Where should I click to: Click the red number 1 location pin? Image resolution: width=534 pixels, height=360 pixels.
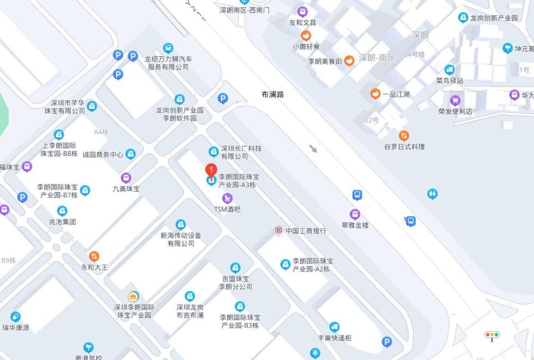[211, 170]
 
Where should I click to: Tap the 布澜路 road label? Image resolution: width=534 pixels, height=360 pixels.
[272, 94]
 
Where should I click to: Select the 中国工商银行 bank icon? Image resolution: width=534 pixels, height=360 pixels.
[278, 230]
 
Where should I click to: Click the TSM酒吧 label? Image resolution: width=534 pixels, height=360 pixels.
[227, 209]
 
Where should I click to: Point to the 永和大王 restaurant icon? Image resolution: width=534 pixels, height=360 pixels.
[94, 256]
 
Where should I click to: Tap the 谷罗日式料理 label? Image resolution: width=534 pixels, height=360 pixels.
[404, 147]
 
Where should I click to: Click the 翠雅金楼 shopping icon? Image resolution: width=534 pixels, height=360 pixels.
[355, 215]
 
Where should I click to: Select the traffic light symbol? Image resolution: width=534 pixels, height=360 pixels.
[491, 335]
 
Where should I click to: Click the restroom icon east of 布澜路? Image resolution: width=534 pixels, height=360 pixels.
[432, 193]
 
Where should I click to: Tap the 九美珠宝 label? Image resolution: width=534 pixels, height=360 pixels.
[126, 189]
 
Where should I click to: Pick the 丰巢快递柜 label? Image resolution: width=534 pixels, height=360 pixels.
[335, 338]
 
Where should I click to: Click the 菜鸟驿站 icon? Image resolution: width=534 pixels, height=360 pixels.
[450, 70]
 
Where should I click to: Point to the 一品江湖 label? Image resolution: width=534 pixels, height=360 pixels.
[396, 94]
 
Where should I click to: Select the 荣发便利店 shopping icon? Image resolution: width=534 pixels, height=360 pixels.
[455, 100]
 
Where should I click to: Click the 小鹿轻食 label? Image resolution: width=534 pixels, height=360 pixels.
[306, 47]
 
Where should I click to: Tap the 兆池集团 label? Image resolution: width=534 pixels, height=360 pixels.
[62, 222]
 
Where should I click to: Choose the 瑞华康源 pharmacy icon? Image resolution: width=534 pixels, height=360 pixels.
[15, 317]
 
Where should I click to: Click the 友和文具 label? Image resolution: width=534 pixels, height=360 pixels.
[302, 23]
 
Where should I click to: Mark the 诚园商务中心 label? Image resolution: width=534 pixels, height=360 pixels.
[103, 154]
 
